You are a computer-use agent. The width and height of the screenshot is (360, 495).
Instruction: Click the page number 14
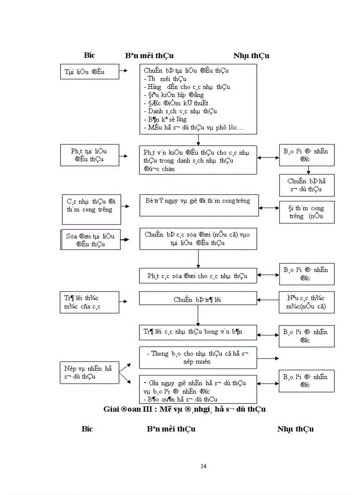tap(203, 466)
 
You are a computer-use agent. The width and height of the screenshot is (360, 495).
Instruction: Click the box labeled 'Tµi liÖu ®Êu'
tap(90, 72)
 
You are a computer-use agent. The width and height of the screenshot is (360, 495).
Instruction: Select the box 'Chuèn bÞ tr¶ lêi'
tap(198, 299)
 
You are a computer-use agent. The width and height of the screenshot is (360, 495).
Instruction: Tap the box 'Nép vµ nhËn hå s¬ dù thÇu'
tap(90, 373)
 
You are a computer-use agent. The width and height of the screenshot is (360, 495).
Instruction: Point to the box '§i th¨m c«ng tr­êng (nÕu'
tap(307, 212)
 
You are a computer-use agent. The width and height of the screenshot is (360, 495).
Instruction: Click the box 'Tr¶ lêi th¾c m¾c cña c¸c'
tap(90, 303)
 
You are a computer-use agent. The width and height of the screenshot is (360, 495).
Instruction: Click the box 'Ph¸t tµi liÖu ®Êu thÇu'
tap(90, 155)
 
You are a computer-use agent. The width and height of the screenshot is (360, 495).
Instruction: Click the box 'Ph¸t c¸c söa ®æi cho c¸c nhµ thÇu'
tap(198, 276)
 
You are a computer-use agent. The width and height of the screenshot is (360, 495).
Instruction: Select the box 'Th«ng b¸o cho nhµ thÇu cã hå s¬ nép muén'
tap(198, 357)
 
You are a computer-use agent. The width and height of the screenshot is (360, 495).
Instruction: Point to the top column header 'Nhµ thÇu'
tap(251, 56)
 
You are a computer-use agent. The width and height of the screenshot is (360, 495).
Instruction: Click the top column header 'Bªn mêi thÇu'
tap(149, 56)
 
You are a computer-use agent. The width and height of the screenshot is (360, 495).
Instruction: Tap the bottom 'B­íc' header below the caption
tap(87, 429)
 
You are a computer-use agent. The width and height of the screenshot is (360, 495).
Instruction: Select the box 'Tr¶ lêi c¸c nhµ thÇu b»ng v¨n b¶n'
tap(198, 332)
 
